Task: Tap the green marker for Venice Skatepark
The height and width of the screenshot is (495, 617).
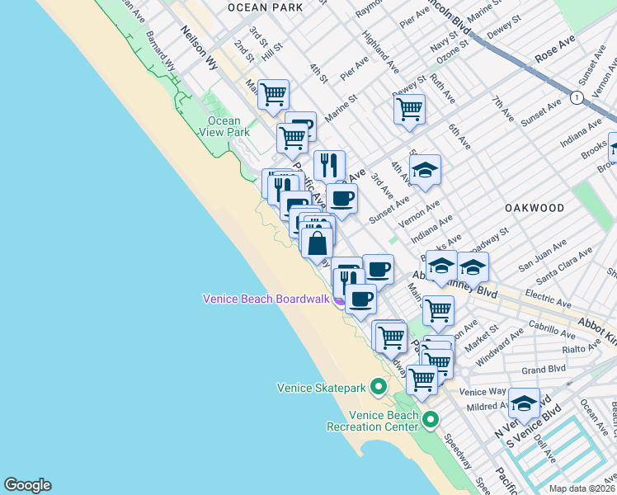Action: click(x=379, y=386)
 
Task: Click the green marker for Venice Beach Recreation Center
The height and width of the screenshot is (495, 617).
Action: click(x=430, y=422)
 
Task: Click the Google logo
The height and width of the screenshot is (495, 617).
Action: click(x=27, y=485)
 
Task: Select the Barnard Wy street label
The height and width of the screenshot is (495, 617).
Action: click(x=159, y=51)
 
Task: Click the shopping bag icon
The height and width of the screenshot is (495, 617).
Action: click(x=318, y=243)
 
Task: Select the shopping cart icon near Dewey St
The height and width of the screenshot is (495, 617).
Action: click(x=409, y=108)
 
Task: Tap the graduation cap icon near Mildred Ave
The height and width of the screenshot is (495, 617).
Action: click(x=524, y=403)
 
